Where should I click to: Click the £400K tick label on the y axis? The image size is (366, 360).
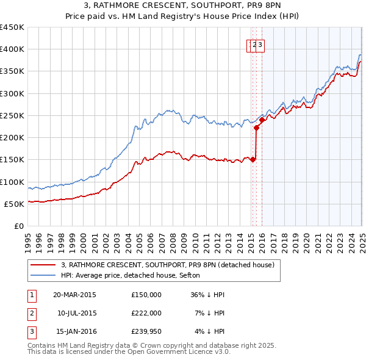(x=12, y=49)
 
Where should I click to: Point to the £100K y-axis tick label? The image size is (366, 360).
(x=12, y=182)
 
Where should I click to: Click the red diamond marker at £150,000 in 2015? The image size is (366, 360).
(x=253, y=160)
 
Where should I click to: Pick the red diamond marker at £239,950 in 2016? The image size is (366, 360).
(x=262, y=120)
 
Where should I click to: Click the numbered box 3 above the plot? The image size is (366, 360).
(x=260, y=45)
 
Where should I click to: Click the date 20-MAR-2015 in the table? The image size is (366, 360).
(x=74, y=294)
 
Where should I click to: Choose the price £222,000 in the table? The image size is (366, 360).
(x=146, y=313)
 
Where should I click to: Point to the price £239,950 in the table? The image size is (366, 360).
(x=146, y=332)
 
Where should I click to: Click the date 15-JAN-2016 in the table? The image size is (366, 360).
(x=74, y=332)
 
